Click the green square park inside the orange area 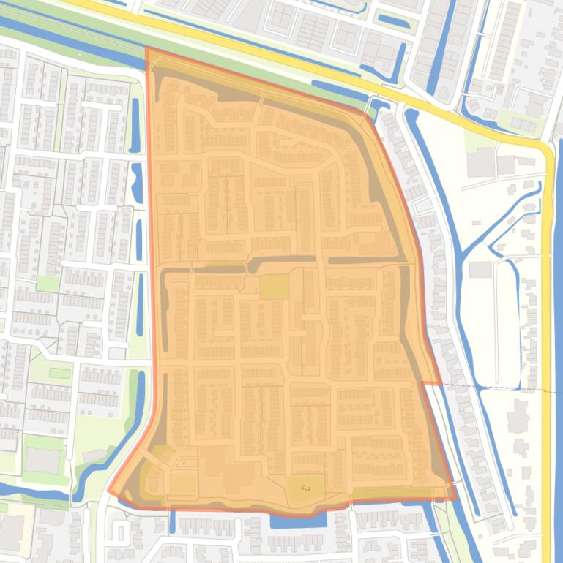click(275, 286)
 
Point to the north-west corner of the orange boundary click(147, 50)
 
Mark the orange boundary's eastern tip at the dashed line click(440, 383)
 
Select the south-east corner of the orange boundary click(455, 499)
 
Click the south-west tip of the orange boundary click(110, 492)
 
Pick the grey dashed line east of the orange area click(498, 388)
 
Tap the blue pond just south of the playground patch click(297, 521)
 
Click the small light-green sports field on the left click(60, 373)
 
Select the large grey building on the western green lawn click(42, 460)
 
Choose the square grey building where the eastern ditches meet click(480, 269)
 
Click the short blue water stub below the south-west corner click(173, 521)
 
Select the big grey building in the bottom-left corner click(10, 531)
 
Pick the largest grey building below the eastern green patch click(480, 165)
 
